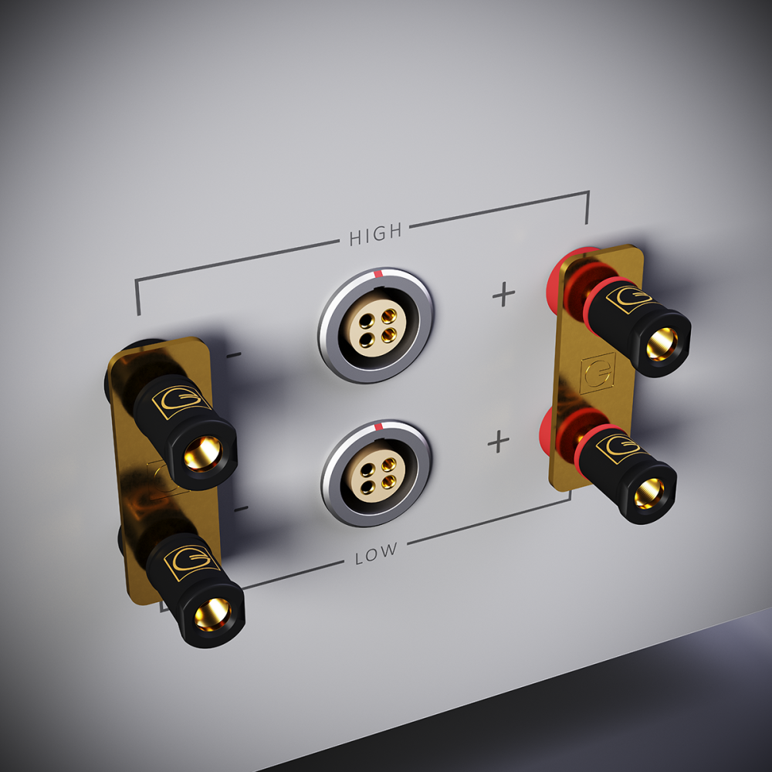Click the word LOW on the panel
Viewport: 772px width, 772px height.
pos(377,552)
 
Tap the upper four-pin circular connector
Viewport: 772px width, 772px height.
pos(376,323)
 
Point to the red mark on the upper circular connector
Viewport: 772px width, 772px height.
pos(377,273)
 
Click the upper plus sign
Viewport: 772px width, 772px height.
pos(503,294)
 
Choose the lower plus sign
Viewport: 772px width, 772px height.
pos(499,442)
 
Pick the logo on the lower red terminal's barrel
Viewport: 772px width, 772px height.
pos(618,447)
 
